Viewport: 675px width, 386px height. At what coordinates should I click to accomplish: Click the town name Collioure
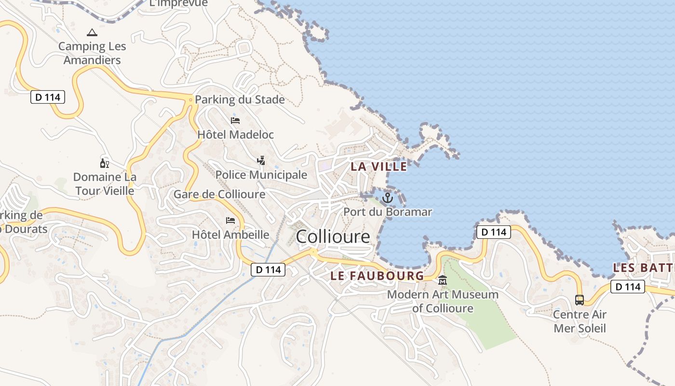point(333,236)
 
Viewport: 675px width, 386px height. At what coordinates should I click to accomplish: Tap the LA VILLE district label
point(378,166)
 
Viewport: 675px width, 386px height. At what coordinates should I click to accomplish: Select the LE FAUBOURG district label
point(377,276)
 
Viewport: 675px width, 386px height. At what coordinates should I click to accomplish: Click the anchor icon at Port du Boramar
point(388,198)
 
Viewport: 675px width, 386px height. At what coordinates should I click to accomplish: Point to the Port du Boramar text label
point(388,212)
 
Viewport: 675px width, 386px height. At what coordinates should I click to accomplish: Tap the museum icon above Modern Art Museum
point(443,280)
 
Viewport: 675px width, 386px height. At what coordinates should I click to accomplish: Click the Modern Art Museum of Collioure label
point(443,301)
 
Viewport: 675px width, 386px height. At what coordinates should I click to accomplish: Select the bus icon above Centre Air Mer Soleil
point(580,300)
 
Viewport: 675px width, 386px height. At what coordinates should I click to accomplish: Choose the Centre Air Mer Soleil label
point(580,321)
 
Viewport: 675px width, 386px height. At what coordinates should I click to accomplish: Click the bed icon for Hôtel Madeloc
point(235,120)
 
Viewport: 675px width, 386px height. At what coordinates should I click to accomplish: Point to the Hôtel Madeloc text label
point(235,135)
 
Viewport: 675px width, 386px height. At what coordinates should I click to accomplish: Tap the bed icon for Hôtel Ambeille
point(230,221)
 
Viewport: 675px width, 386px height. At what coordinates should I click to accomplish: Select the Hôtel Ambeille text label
point(230,235)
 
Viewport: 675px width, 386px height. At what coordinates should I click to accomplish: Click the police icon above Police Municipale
point(261,160)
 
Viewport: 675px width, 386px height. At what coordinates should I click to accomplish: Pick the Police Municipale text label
point(261,175)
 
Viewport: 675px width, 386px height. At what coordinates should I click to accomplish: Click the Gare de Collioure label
point(219,194)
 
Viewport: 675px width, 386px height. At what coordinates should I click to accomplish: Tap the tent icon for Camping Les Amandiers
point(92,33)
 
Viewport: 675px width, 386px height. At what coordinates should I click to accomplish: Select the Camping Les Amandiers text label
point(92,53)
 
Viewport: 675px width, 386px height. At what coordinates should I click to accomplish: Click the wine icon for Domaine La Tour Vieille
point(104,163)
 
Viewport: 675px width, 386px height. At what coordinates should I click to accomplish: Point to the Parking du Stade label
point(240,100)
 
